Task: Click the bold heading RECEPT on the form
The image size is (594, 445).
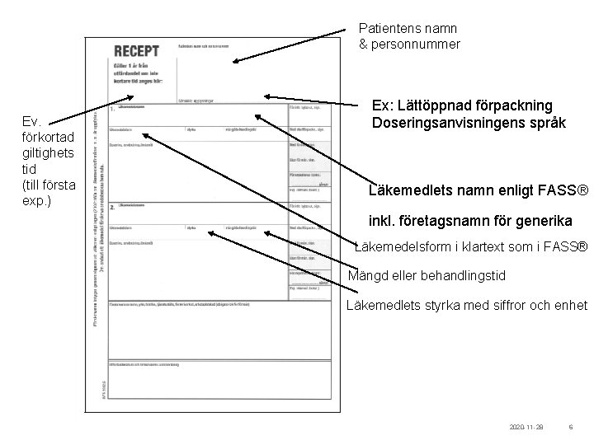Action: click(x=136, y=51)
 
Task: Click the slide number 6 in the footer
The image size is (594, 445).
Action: click(x=571, y=429)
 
